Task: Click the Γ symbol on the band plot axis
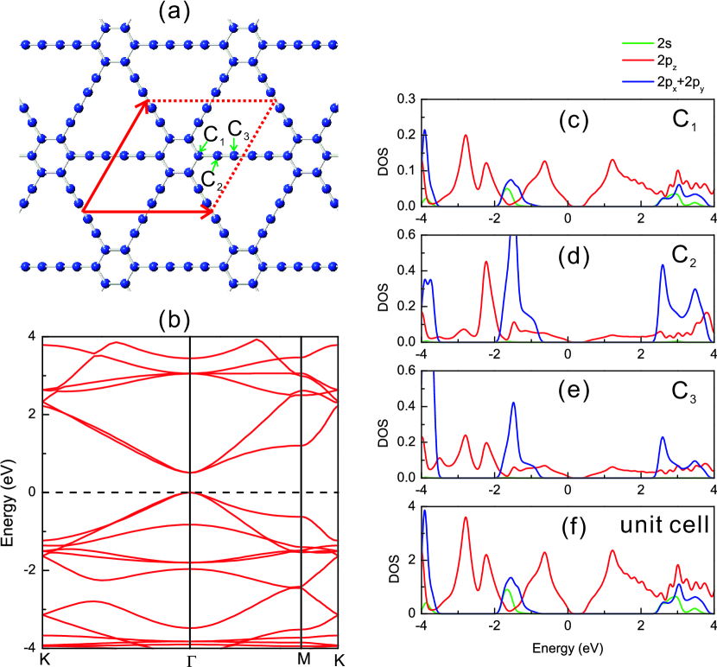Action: (x=190, y=658)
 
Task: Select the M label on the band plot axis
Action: (x=300, y=657)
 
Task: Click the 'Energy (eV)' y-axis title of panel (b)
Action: (x=11, y=492)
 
